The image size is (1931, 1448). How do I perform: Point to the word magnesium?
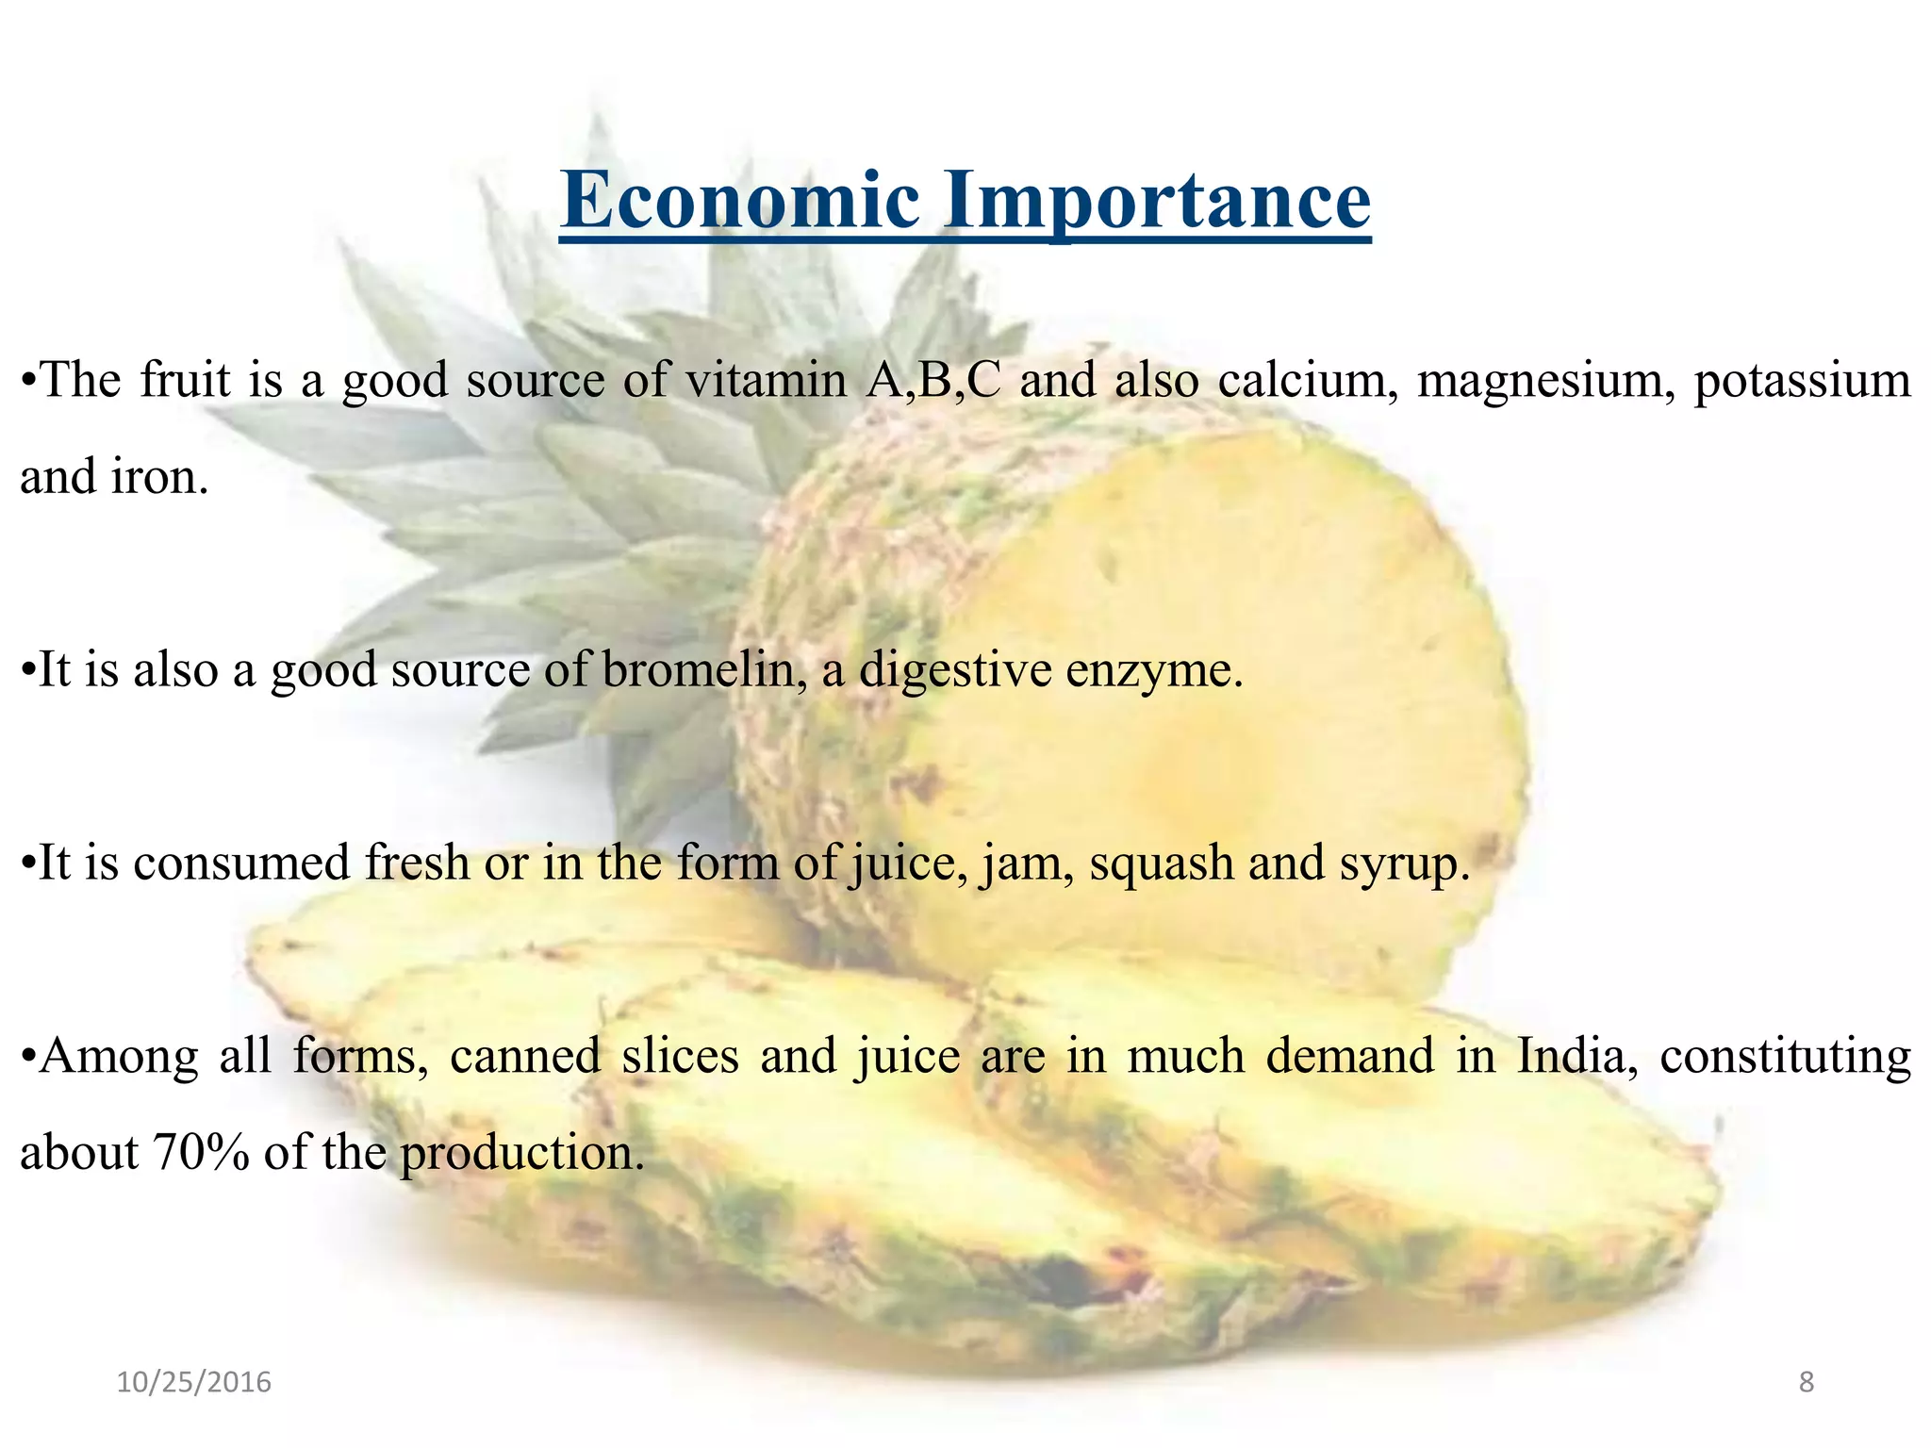(x=1545, y=382)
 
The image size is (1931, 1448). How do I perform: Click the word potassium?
(x=1802, y=382)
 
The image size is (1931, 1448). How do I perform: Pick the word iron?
(x=159, y=476)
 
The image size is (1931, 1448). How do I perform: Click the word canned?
(x=525, y=1055)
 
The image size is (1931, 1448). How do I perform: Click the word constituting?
(x=1785, y=1057)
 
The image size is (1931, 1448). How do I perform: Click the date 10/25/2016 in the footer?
(x=194, y=1382)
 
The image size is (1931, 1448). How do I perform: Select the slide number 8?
(x=1806, y=1382)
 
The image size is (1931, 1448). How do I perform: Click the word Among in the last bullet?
(x=119, y=1055)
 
